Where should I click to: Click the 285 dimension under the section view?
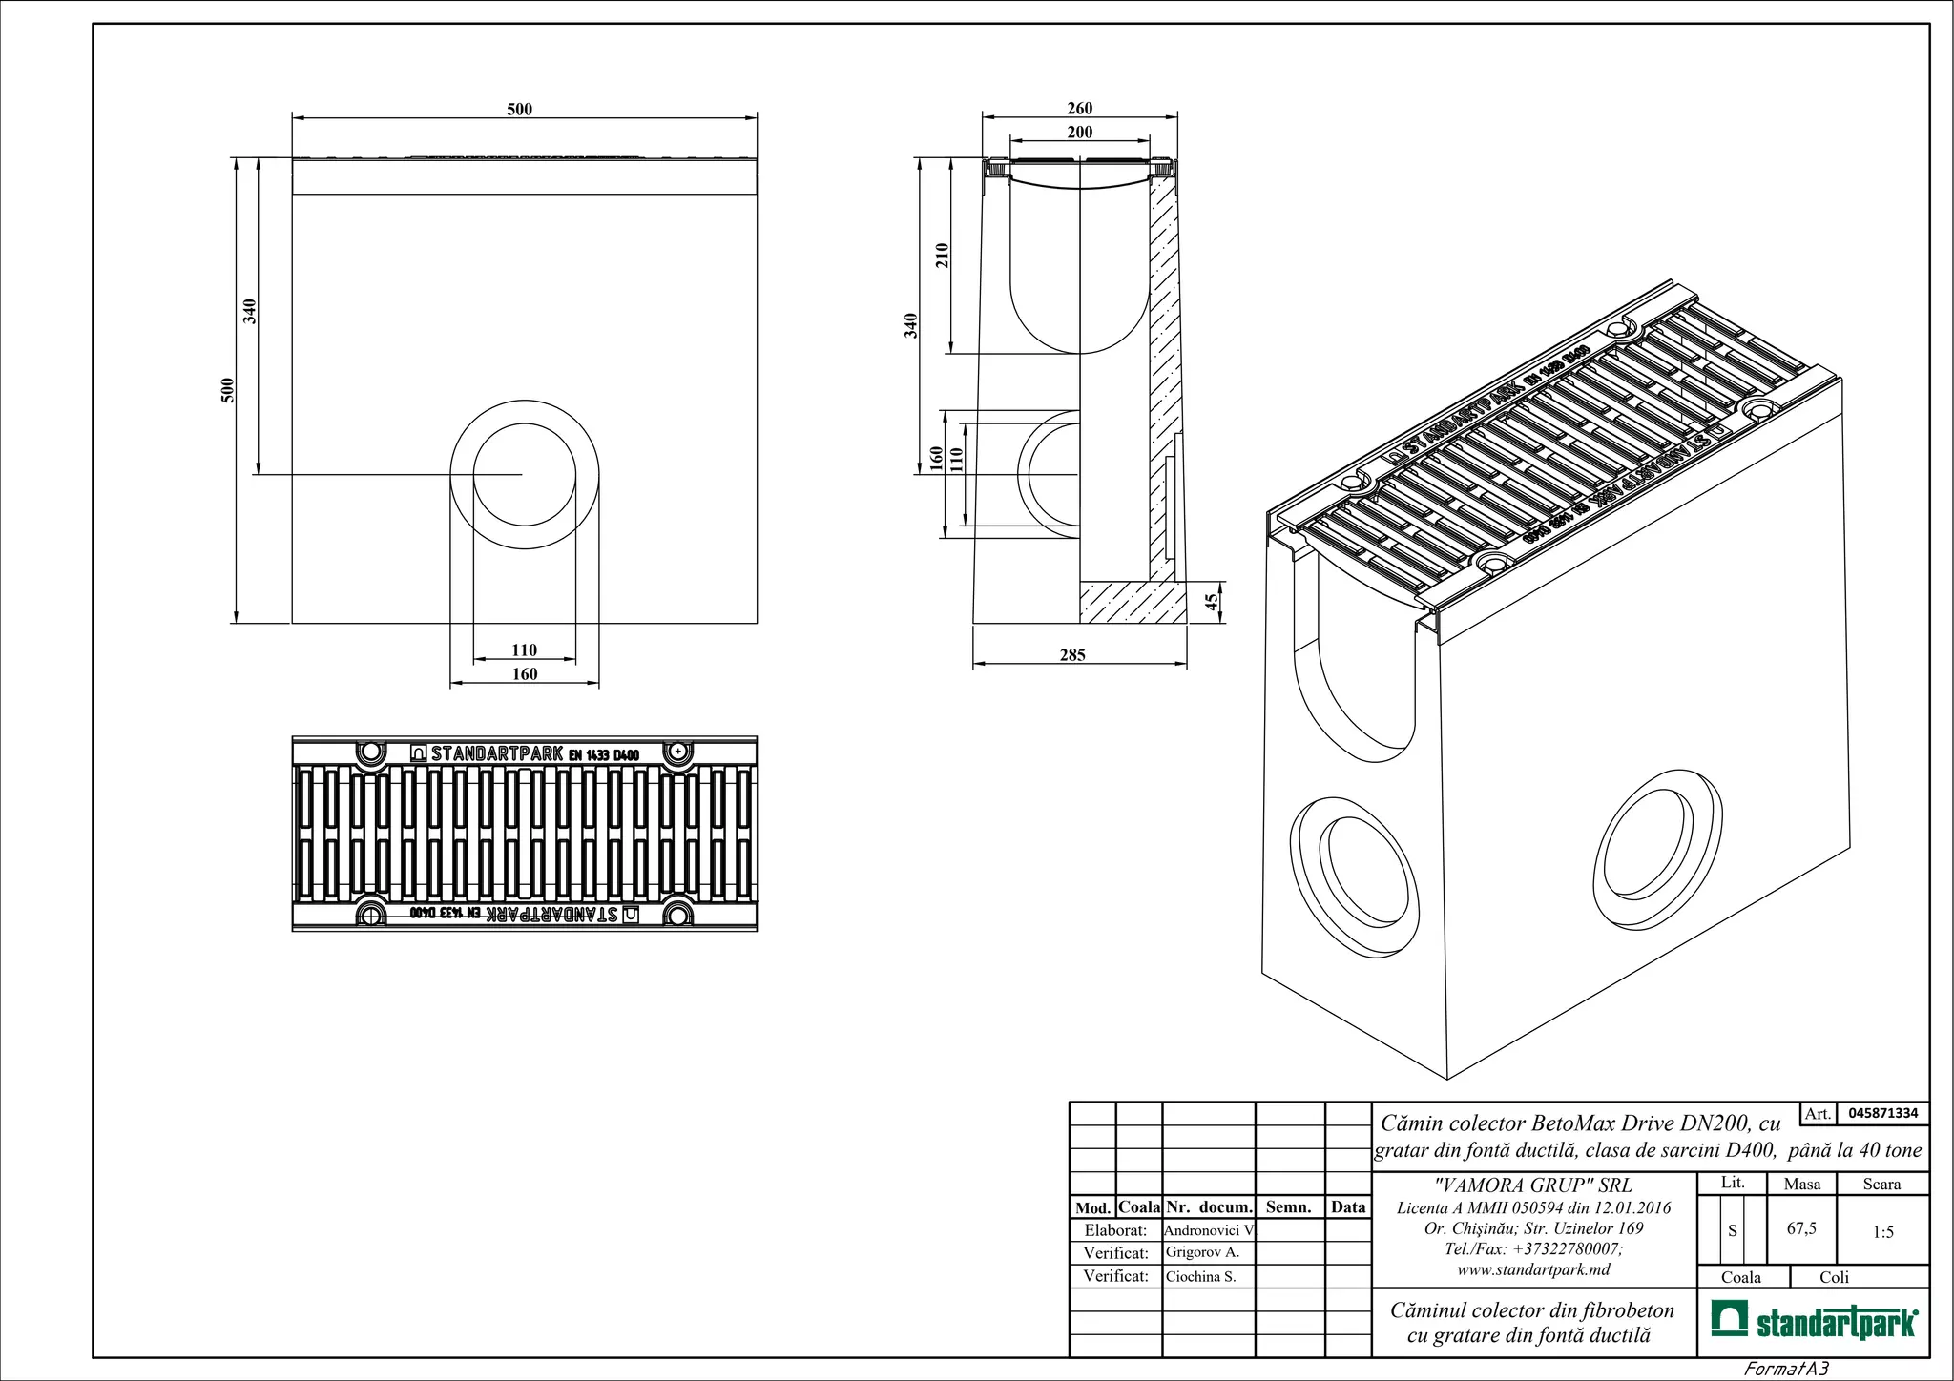coord(1072,655)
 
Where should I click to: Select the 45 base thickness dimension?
coord(1212,602)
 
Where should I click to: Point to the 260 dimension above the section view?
coord(1079,109)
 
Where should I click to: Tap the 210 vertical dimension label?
coord(942,255)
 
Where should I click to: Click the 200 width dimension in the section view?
coord(1079,133)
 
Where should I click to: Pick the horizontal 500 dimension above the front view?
coord(519,110)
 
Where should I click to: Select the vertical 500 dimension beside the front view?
coord(228,390)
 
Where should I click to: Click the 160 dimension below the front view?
coord(525,674)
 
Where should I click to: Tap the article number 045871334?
coord(1882,1113)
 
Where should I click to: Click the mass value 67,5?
coord(1801,1228)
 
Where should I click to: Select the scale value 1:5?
coord(1882,1232)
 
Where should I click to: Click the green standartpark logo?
coord(1813,1323)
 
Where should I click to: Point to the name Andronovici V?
coord(1208,1230)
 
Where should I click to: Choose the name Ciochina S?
coord(1200,1276)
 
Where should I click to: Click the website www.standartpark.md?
coord(1533,1269)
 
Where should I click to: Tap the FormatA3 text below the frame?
coord(1785,1370)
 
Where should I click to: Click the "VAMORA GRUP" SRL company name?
coord(1533,1185)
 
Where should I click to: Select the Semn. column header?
coord(1288,1207)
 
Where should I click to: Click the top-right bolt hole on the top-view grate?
coord(677,752)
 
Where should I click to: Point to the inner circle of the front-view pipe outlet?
coord(525,474)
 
